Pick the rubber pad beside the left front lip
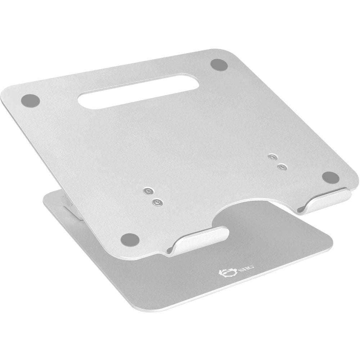coord(129,238)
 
